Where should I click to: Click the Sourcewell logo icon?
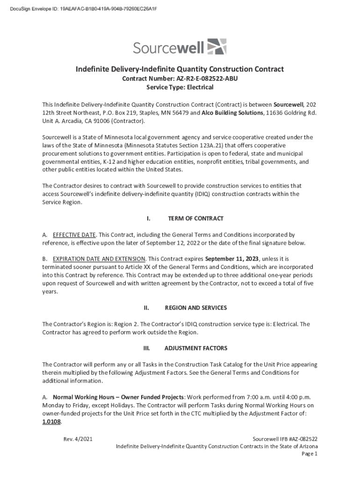click(216, 47)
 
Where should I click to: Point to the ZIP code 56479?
click(180, 113)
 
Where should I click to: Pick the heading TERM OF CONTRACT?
click(195, 218)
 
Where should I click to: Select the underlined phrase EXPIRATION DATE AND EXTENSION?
click(100, 259)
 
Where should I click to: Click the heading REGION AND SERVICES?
click(196, 308)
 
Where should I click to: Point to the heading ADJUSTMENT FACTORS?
click(196, 348)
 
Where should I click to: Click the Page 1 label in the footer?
click(310, 454)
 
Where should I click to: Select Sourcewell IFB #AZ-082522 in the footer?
click(285, 439)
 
